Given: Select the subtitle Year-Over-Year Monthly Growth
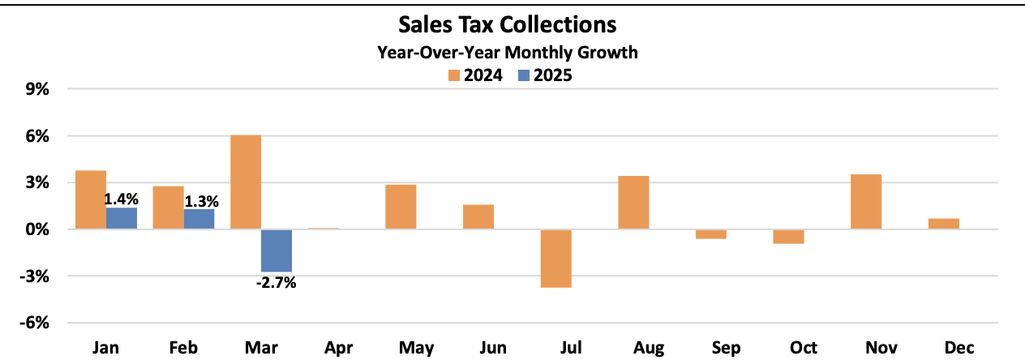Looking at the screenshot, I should click(x=508, y=54).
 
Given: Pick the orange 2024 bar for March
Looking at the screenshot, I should click(x=246, y=182).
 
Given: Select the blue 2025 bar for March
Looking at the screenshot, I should click(x=277, y=251).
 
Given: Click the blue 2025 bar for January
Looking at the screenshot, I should click(x=122, y=219).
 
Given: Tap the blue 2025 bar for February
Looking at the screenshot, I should click(x=199, y=220).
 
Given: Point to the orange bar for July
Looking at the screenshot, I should click(x=556, y=259).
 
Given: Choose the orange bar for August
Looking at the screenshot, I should click(x=633, y=203).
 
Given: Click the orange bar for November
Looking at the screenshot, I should click(x=866, y=202).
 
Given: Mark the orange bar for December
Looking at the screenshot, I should click(x=944, y=224).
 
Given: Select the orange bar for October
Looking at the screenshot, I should click(x=788, y=237).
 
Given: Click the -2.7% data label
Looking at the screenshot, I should click(x=277, y=283).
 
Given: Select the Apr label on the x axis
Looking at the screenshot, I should click(x=338, y=347).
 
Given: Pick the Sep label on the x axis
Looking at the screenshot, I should click(x=726, y=347).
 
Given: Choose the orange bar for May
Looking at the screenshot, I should click(x=401, y=208).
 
